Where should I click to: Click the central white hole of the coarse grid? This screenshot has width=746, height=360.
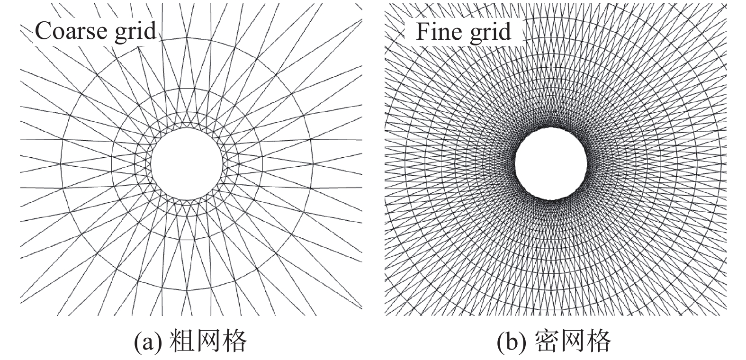187,162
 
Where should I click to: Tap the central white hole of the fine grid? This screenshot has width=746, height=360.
551,163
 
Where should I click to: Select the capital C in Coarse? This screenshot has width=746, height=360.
43,31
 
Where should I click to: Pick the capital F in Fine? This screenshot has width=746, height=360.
422,32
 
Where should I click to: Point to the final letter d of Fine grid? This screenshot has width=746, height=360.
504,32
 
